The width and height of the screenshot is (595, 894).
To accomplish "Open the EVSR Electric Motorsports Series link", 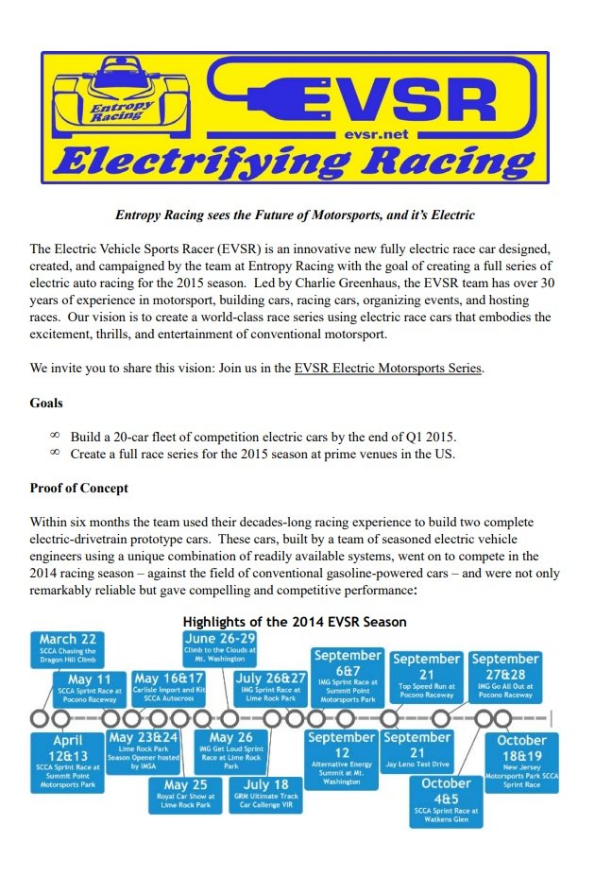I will (388, 368).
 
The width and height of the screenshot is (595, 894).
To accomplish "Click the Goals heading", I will (47, 403).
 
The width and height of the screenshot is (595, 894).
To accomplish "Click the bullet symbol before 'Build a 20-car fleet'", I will (54, 436).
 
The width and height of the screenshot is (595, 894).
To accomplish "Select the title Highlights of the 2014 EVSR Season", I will (295, 622).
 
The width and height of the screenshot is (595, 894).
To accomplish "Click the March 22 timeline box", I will (68, 649).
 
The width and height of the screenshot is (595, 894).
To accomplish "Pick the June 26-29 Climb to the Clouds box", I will (220, 651).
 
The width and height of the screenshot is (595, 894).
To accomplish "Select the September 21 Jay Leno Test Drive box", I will (416, 749).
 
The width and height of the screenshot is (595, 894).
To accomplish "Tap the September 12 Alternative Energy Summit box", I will (341, 757).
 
